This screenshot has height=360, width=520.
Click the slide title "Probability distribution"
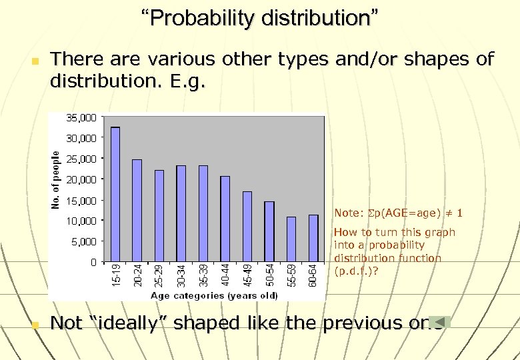259,18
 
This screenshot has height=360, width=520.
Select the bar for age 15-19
115,193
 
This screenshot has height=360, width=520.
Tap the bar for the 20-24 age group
137,210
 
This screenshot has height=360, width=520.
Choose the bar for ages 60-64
313,237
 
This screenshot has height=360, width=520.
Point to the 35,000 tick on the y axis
82,117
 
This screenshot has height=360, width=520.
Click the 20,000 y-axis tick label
82,179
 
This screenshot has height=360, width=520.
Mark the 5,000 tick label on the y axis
84,241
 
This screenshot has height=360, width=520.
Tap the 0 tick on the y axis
94,262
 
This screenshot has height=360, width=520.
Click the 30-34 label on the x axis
181,275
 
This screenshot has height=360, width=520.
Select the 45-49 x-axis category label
247,275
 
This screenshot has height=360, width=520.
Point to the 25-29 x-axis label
159,275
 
